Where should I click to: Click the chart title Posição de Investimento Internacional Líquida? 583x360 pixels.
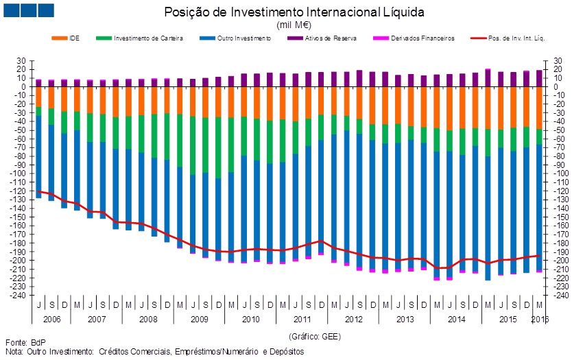click(x=294, y=12)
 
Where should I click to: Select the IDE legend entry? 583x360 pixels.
click(x=74, y=38)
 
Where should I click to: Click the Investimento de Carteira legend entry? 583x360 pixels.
click(x=148, y=38)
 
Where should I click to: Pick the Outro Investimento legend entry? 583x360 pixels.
click(x=243, y=38)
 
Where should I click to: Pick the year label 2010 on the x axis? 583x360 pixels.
click(x=250, y=320)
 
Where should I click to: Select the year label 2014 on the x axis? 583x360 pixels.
click(x=455, y=320)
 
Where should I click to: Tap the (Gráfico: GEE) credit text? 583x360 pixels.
click(x=316, y=337)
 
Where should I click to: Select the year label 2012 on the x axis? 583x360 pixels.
click(x=353, y=320)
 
